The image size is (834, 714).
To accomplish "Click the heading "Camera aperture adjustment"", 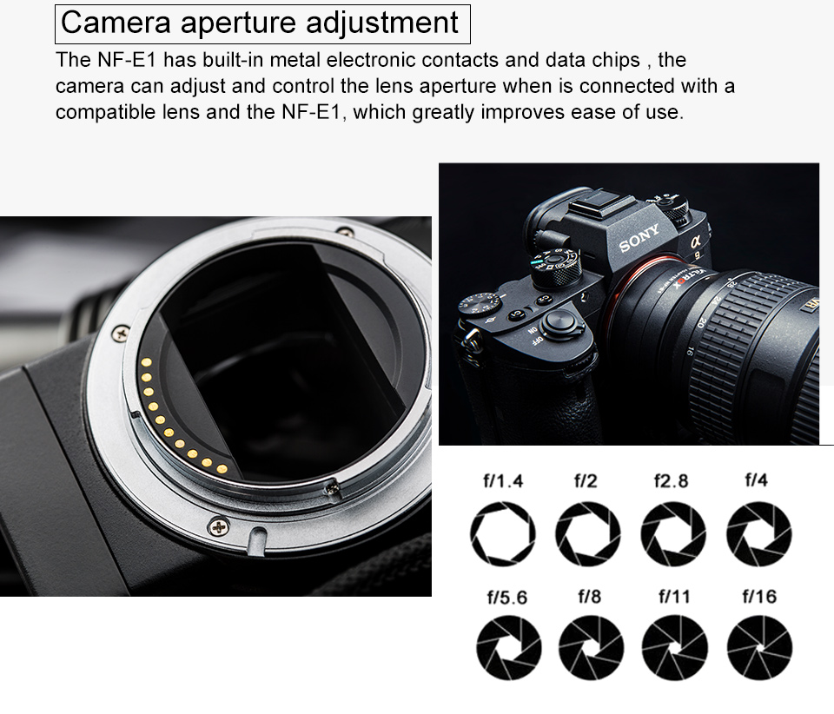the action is pos(260,23).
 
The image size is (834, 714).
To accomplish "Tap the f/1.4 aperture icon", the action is pos(503,533).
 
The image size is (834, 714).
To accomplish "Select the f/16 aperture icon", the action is pos(759,647).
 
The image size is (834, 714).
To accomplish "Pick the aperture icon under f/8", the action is pos(591,647).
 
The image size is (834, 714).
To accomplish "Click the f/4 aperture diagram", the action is pos(759,533).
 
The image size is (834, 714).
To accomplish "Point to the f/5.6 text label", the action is pos(506,597).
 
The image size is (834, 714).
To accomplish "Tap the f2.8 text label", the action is pos(671,480).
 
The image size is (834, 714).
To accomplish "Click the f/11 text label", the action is pos(674,597).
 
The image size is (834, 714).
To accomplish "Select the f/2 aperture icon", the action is pos(588,533).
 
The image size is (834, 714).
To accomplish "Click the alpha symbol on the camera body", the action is pos(696,241).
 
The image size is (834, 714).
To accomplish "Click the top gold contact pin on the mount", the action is pos(146,362).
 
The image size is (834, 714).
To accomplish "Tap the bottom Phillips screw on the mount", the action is pos(218,527).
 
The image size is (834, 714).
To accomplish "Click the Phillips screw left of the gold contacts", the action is pos(121,334).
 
